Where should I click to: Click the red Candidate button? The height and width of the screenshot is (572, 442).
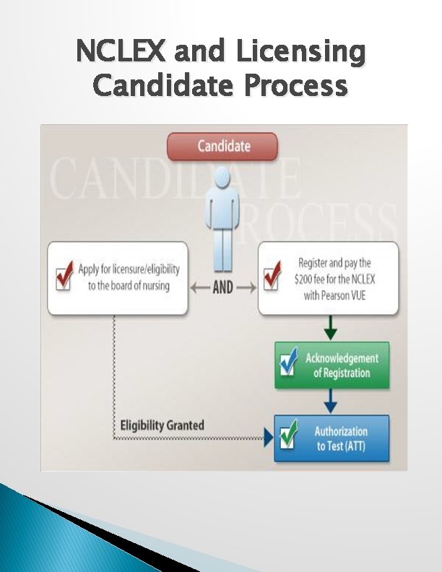point(222,146)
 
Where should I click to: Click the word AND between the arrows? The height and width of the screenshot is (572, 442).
point(222,287)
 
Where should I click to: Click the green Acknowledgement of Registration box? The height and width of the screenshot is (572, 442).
point(331,365)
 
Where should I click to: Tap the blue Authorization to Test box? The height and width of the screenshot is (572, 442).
point(331,438)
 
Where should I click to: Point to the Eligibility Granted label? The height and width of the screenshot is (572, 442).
point(162,425)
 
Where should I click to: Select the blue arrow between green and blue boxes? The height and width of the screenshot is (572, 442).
point(331,402)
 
